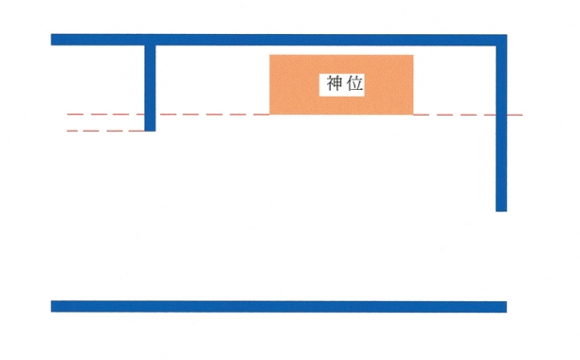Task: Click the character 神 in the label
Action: coord(332,83)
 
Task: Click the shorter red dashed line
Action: coord(104,131)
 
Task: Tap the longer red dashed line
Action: coord(208,115)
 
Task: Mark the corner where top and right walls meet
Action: coord(500,40)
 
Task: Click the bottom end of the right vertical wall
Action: coord(500,209)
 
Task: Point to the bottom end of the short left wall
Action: coord(150,129)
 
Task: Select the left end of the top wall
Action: coord(53,40)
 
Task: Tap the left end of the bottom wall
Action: coord(53,306)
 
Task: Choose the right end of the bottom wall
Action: coord(504,306)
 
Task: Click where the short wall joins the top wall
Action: coord(150,41)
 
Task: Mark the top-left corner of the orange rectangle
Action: coord(270,55)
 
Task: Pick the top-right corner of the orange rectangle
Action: coord(412,55)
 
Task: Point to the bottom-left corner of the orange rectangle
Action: coord(270,115)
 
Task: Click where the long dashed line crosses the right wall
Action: coord(500,115)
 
